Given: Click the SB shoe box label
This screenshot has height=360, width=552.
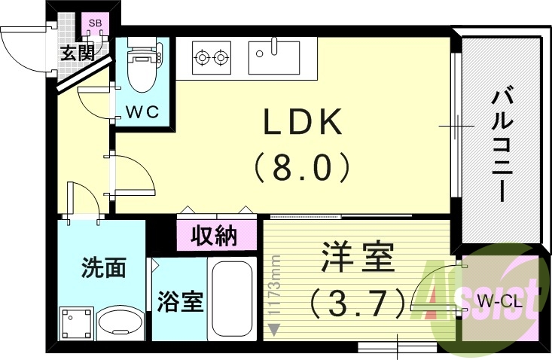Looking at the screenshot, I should tap(96, 24).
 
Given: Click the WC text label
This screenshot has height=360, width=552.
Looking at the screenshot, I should tap(142, 112).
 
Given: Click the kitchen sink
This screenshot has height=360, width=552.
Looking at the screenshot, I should tap(273, 52).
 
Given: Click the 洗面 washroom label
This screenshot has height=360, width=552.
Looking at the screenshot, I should tap(103, 267).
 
